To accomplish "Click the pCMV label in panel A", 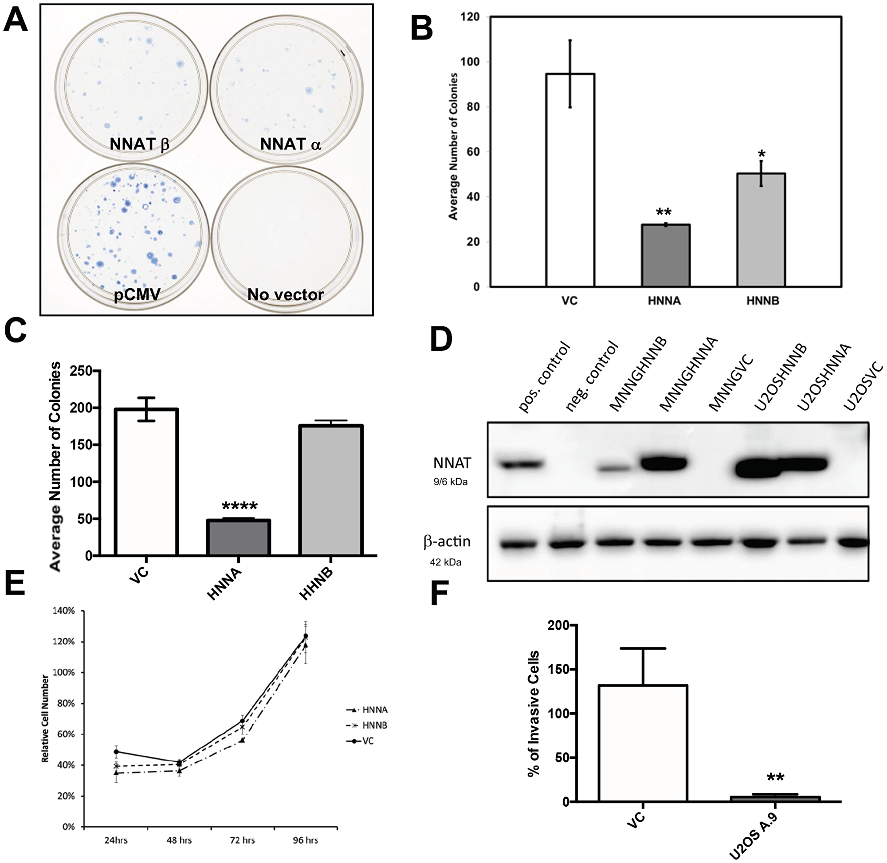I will (137, 295).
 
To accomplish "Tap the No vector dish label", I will (286, 295).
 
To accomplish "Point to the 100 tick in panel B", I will (471, 62).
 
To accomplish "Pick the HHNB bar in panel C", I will (330, 490).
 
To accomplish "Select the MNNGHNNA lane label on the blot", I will (689, 381).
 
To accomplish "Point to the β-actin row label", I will (447, 541).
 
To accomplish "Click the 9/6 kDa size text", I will (450, 482).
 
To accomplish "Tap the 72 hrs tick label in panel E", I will (242, 840).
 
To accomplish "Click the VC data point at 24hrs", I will (117, 752).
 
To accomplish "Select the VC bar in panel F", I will (643, 743).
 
